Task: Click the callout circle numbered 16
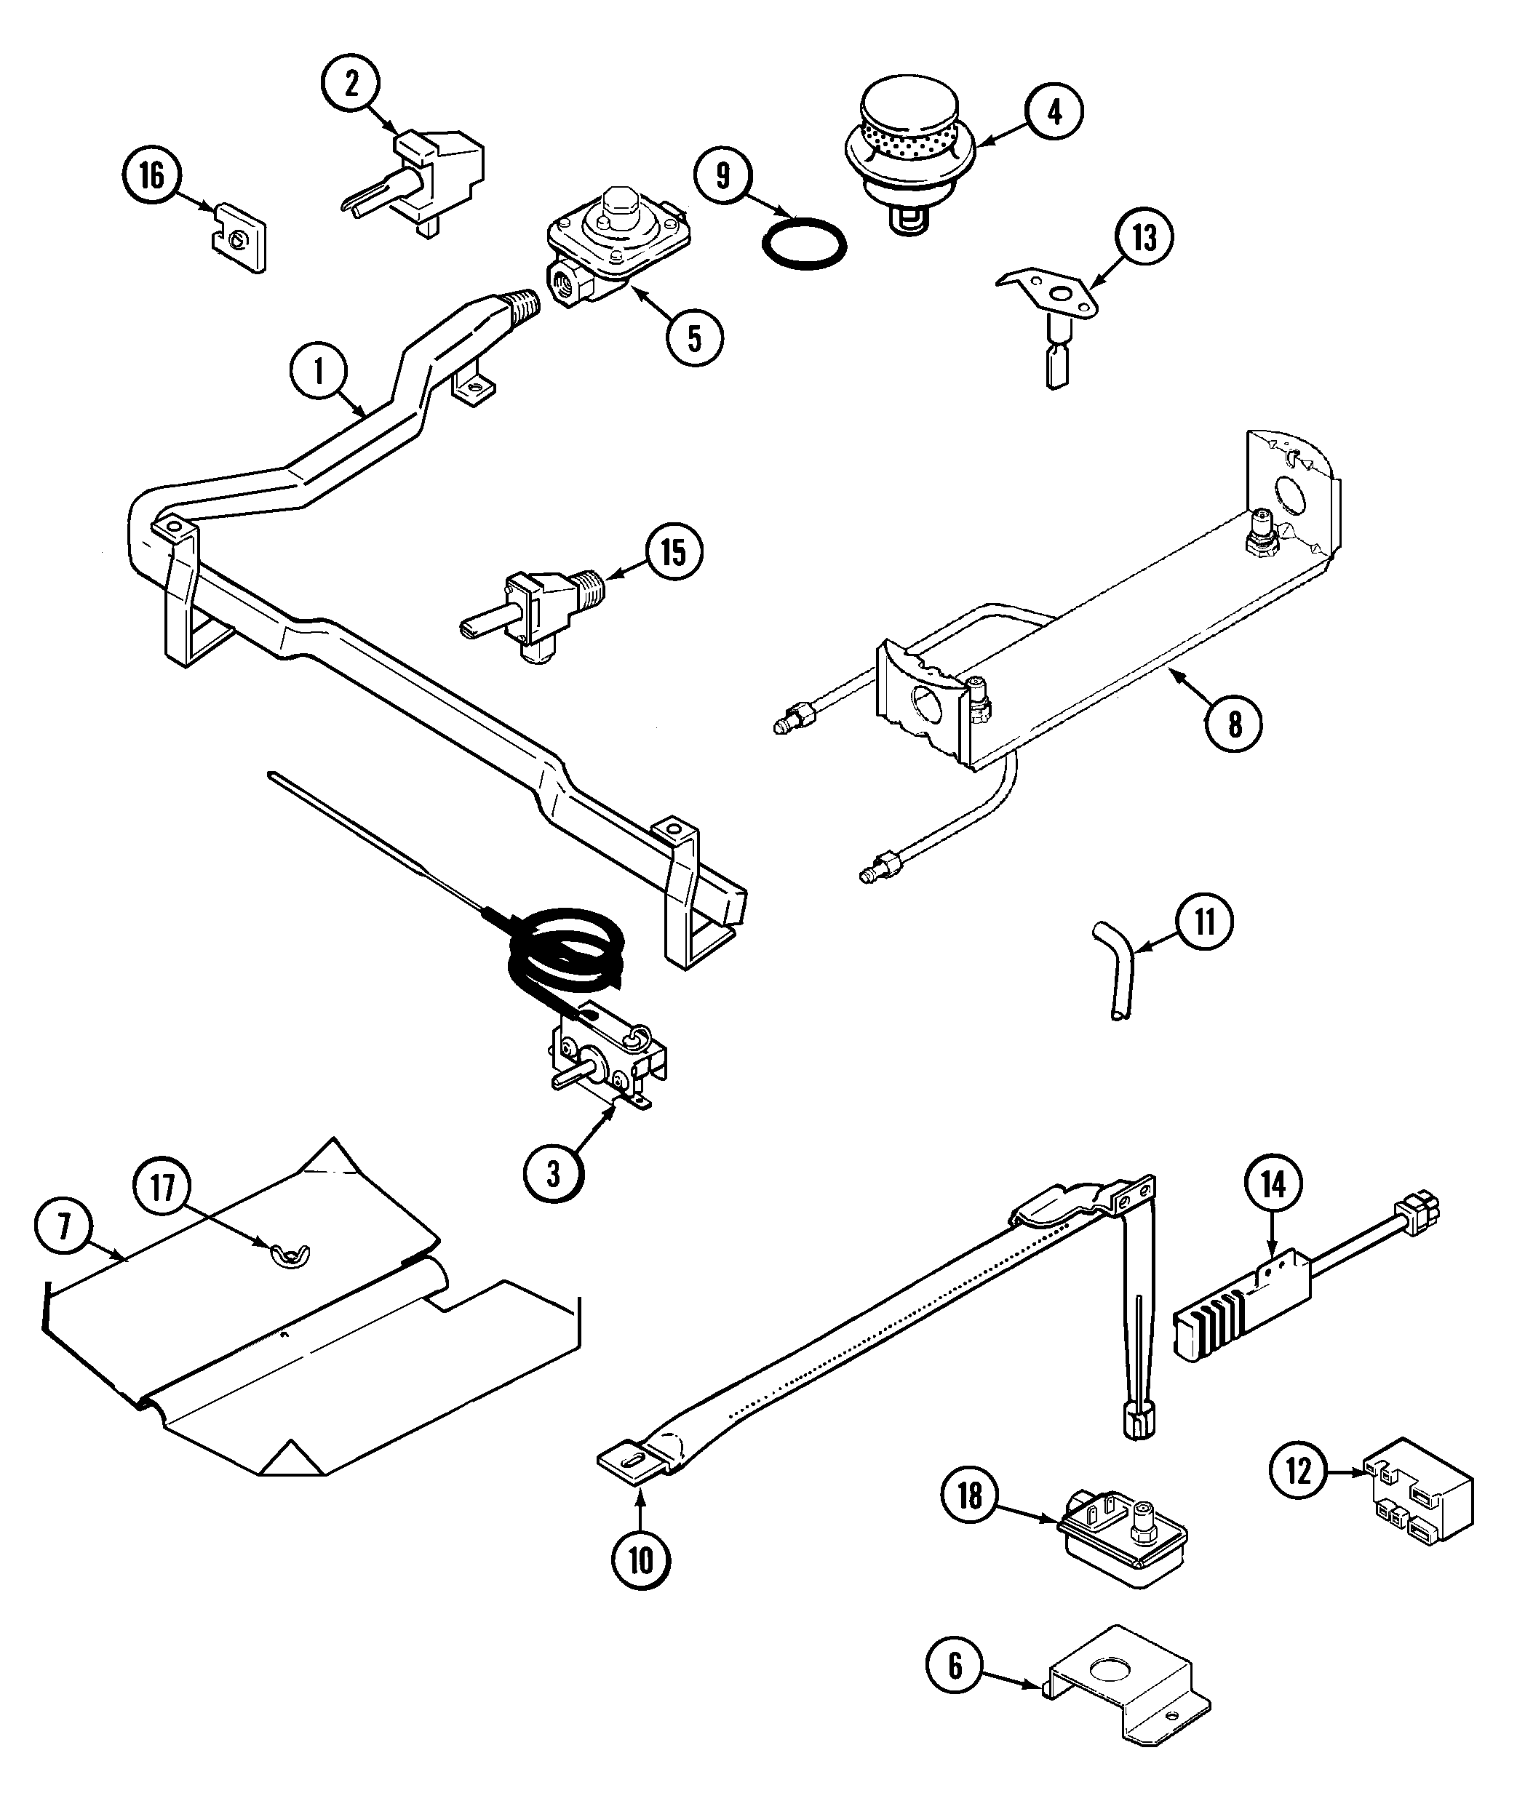(151, 176)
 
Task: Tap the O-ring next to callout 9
(804, 247)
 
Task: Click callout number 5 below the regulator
(694, 338)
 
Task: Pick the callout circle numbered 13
(1144, 238)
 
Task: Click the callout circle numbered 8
(1234, 724)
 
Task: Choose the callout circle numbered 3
(553, 1173)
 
